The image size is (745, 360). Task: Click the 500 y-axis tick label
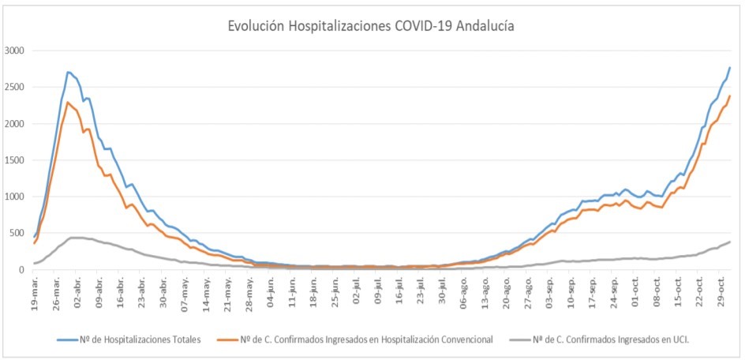[17, 233]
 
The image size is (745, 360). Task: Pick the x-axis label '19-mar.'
[35, 292]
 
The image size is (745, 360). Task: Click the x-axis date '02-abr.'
[78, 292]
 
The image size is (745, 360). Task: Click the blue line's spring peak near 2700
[69, 72]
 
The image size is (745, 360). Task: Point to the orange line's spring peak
[68, 102]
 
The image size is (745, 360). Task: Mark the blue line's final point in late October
[730, 67]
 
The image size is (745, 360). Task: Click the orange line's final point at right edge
[730, 96]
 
